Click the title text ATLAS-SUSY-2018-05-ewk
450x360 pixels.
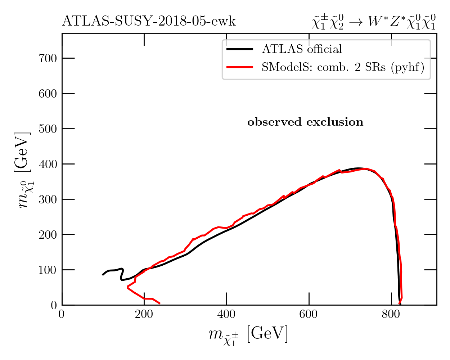pyautogui.click(x=149, y=22)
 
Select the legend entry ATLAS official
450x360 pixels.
pyautogui.click(x=302, y=49)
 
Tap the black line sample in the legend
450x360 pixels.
pyautogui.click(x=239, y=49)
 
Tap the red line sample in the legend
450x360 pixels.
pyautogui.click(x=239, y=67)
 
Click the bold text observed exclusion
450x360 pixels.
pyautogui.click(x=305, y=122)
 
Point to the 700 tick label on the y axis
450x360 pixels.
pyautogui.click(x=48, y=58)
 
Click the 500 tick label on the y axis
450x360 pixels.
pyautogui.click(x=48, y=129)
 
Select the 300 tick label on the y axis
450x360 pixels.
pyautogui.click(x=48, y=199)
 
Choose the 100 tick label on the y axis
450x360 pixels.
pyautogui.click(x=48, y=270)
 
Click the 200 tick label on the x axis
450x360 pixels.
pyautogui.click(x=144, y=314)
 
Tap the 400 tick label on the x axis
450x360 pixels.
pyautogui.click(x=226, y=314)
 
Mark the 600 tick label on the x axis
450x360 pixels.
pyautogui.click(x=309, y=314)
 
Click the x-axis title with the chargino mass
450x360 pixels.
pyautogui.click(x=248, y=335)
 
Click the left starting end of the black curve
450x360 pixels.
pyautogui.click(x=103, y=275)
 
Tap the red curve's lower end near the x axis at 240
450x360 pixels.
pyautogui.click(x=160, y=303)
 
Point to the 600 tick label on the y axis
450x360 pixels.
pyautogui.click(x=48, y=94)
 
